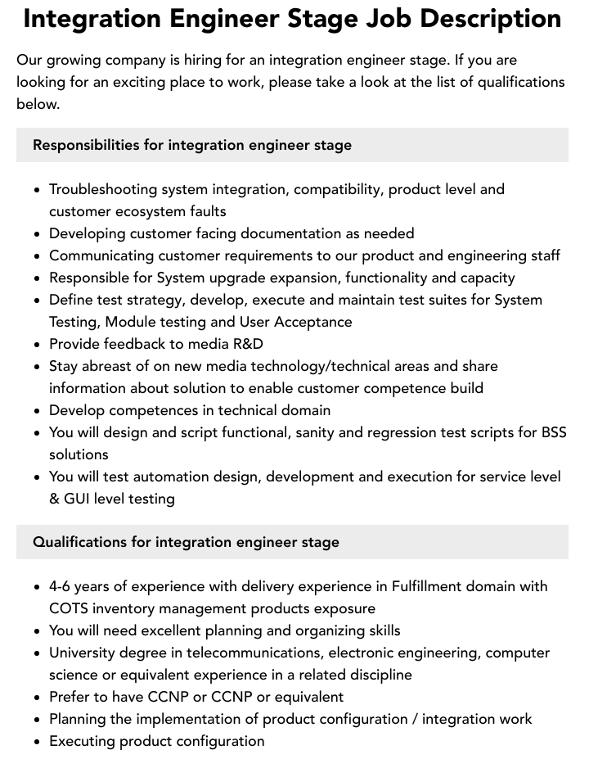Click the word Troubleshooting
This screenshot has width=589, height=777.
[103, 189]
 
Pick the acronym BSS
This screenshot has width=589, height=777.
[553, 432]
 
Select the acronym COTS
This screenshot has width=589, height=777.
[69, 608]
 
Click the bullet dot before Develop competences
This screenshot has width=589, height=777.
[38, 411]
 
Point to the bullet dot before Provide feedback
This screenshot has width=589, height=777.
[38, 345]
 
